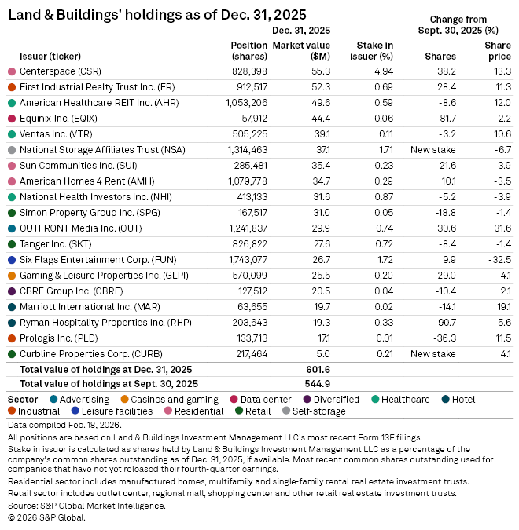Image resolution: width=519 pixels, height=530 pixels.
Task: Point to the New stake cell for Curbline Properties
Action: (x=434, y=354)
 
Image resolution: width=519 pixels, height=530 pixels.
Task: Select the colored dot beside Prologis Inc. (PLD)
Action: (x=11, y=338)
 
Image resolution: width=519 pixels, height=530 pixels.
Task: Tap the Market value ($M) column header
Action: (x=300, y=50)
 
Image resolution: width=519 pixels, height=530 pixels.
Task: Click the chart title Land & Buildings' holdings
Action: (x=156, y=15)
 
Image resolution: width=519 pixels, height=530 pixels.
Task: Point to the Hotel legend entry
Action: (x=463, y=399)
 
